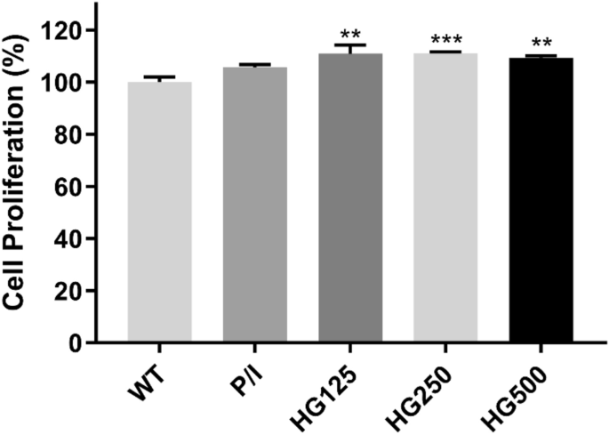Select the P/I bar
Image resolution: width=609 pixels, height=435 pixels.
click(255, 205)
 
